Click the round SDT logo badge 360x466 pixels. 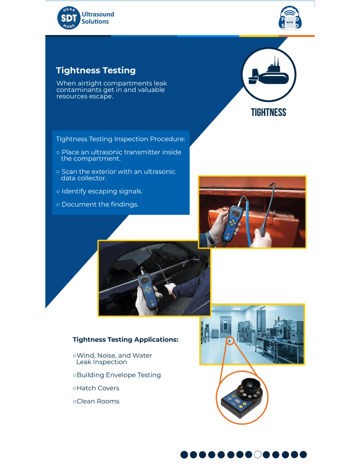[x=69, y=18]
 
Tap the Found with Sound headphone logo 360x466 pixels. [x=290, y=18]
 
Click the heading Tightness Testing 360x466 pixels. [x=96, y=71]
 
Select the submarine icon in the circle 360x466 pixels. [x=269, y=74]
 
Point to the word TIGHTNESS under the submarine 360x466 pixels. [x=268, y=113]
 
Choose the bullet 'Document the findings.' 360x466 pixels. [x=100, y=204]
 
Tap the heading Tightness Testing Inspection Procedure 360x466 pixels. [x=120, y=139]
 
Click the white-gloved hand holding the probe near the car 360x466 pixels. [x=170, y=289]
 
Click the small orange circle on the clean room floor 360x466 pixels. [x=230, y=341]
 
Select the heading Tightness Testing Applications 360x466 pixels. [x=125, y=340]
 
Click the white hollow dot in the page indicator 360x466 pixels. [x=257, y=454]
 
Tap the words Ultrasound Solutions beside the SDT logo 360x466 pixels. [x=97, y=18]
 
